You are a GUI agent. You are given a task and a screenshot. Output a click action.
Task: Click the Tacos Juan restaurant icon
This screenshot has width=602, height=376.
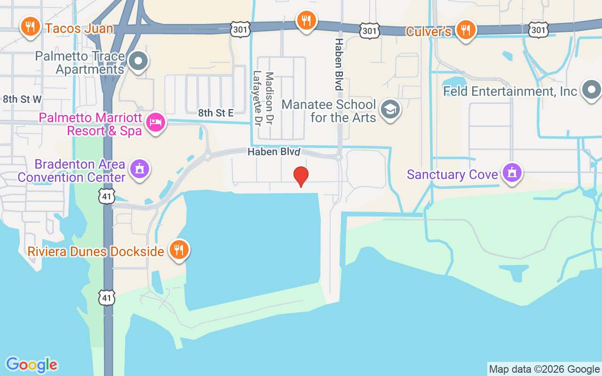pyautogui.click(x=31, y=27)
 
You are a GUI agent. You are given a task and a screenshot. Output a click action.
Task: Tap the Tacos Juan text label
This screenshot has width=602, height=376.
pyautogui.click(x=79, y=28)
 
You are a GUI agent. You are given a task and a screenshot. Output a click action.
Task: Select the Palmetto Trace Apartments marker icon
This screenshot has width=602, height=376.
pyautogui.click(x=138, y=61)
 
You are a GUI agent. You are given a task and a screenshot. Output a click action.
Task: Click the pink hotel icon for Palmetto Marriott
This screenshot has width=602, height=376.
pyautogui.click(x=156, y=123)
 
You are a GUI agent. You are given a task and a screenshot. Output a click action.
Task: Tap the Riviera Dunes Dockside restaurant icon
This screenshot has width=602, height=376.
pyautogui.click(x=179, y=250)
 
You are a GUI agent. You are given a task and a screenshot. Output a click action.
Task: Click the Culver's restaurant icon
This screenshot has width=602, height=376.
pyautogui.click(x=466, y=30)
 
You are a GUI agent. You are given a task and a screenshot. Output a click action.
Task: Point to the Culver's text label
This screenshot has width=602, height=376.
pyautogui.click(x=428, y=31)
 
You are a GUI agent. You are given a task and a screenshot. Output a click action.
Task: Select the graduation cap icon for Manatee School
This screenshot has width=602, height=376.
pyautogui.click(x=390, y=110)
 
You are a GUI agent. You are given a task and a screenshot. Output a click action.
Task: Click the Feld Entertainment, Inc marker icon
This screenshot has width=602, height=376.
pyautogui.click(x=591, y=89)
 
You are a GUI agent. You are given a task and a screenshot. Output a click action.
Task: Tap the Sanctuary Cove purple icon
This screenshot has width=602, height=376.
pyautogui.click(x=512, y=172)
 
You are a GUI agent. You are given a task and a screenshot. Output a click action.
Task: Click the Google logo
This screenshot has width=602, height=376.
pyautogui.click(x=32, y=365)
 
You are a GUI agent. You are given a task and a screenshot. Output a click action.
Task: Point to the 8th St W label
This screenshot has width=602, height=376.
pyautogui.click(x=22, y=99)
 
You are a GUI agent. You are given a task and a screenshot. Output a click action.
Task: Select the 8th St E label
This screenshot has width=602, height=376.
pyautogui.click(x=216, y=113)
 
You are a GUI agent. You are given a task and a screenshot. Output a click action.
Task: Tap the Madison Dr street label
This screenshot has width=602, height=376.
pyautogui.click(x=269, y=99)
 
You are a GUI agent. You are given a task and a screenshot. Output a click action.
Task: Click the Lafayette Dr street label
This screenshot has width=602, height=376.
pyautogui.click(x=257, y=99)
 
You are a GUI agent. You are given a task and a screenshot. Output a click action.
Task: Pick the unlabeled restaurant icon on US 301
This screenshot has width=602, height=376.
pyautogui.click(x=306, y=20)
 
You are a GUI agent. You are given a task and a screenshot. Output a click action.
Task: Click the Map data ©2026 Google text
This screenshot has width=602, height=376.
pyautogui.click(x=544, y=369)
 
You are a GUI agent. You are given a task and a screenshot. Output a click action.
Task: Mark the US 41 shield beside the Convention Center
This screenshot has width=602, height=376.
pyautogui.click(x=107, y=196)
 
